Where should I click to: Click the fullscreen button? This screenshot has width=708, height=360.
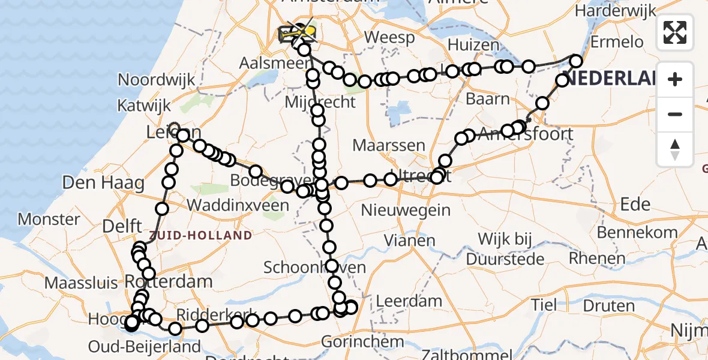pyautogui.click(x=675, y=32)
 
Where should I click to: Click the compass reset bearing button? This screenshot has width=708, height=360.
pyautogui.click(x=675, y=149)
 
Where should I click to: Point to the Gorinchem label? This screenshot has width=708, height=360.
pyautogui.click(x=362, y=342)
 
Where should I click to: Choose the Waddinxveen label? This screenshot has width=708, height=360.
pyautogui.click(x=238, y=205)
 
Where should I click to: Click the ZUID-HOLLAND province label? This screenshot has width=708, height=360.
pyautogui.click(x=201, y=235)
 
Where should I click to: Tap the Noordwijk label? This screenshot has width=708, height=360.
pyautogui.click(x=157, y=80)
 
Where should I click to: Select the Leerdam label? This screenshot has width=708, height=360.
pyautogui.click(x=410, y=301)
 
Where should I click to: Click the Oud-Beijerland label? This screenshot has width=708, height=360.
pyautogui.click(x=144, y=346)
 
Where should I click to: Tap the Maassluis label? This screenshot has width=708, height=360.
pyautogui.click(x=83, y=282)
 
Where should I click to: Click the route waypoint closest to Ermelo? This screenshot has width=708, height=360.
pyautogui.click(x=576, y=61)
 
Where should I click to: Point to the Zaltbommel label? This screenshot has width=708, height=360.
pyautogui.click(x=463, y=355)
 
